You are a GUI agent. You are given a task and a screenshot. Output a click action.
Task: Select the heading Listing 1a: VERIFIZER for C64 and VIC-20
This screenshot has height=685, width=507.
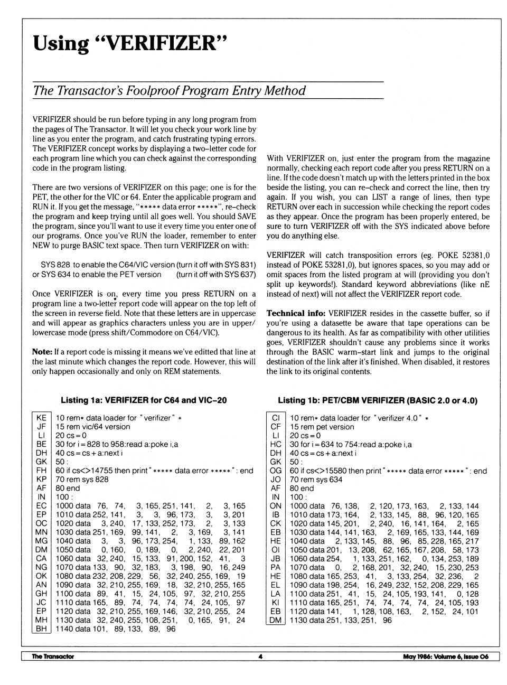(x=144, y=400)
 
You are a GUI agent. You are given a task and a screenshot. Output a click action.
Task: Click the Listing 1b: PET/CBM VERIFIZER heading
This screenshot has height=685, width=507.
(x=377, y=400)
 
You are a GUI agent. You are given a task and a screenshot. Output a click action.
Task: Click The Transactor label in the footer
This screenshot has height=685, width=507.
(x=53, y=656)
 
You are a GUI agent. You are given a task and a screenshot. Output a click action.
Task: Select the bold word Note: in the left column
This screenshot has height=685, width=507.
(x=42, y=352)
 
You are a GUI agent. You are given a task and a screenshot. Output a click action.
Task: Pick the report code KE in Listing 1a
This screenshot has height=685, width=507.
(x=41, y=418)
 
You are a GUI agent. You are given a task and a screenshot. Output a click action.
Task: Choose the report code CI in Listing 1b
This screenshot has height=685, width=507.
(x=275, y=418)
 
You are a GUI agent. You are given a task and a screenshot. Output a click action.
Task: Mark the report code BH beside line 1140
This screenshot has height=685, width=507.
(x=41, y=628)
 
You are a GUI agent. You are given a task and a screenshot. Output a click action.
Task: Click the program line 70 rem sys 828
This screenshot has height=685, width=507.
(x=82, y=479)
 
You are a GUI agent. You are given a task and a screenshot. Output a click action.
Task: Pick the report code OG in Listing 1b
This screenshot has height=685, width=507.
(x=275, y=471)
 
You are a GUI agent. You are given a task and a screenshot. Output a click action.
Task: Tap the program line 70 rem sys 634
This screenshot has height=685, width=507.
(x=316, y=479)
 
